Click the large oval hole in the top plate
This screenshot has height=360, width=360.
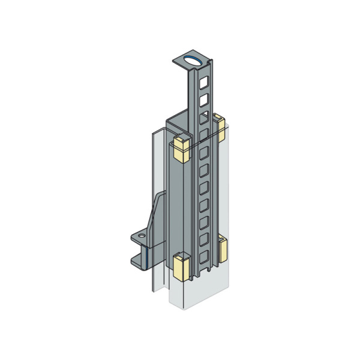point(193,59)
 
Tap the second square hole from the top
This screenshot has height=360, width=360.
point(205,97)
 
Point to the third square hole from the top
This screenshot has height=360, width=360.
point(205,114)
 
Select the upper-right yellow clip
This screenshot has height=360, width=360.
point(220,128)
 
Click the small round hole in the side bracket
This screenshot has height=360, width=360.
point(142,238)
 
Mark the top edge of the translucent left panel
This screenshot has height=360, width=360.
point(155,133)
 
